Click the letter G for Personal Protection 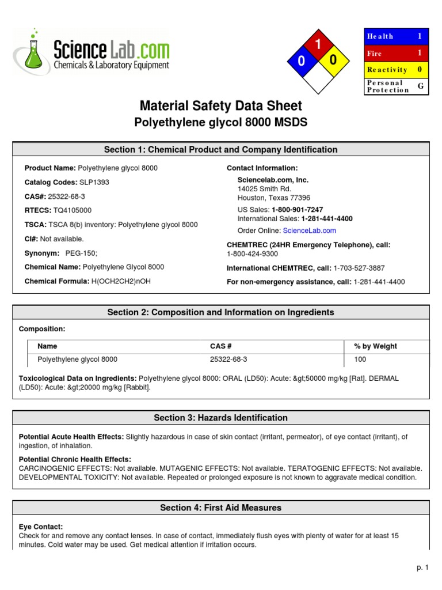coord(420,86)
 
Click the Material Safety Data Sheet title coord(221,106)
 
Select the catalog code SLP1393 coord(94,182)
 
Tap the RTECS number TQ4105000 coord(72,210)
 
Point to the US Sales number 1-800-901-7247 coord(297,210)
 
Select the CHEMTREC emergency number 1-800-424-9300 coord(252,254)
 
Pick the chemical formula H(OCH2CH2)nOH coord(121,281)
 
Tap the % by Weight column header coord(375,346)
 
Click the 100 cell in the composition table coord(360,360)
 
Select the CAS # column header coord(221,346)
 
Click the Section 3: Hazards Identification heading coord(221,418)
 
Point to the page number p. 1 coord(423,568)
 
